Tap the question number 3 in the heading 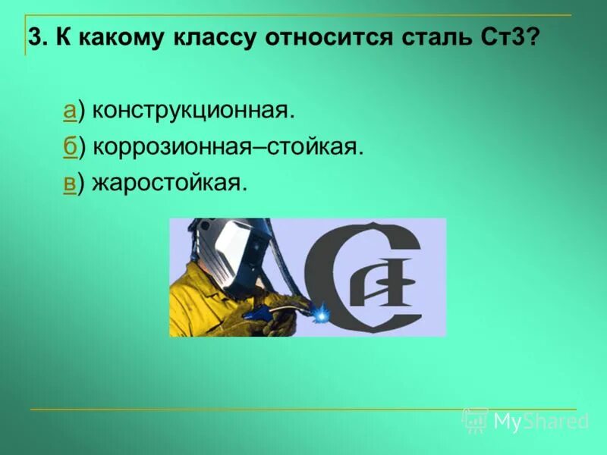[x=33, y=37]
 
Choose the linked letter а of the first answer [x=68, y=111]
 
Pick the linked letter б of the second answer [x=68, y=147]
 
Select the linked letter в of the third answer [x=68, y=183]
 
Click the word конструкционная [x=191, y=111]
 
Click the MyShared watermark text [x=540, y=421]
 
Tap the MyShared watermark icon [x=475, y=419]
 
